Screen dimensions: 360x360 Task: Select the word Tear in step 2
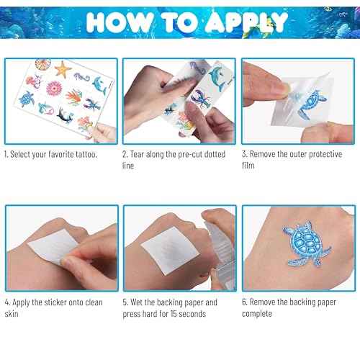[x=139, y=154]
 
